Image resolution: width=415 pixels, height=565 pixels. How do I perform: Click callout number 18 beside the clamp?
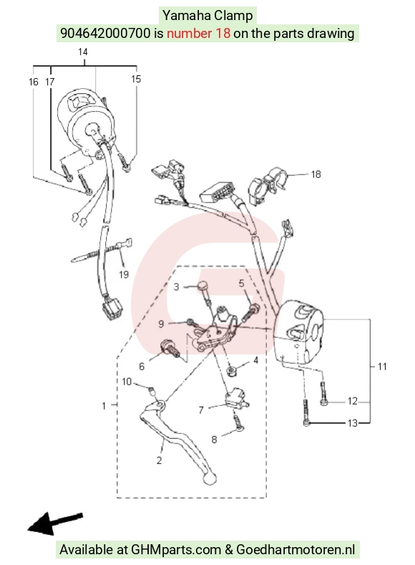316,175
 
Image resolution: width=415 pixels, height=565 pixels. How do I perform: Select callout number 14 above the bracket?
83,52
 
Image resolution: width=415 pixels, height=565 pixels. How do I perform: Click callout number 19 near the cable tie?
124,274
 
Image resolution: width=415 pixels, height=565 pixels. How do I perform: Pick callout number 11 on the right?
382,367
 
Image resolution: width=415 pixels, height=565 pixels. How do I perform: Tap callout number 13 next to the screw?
352,422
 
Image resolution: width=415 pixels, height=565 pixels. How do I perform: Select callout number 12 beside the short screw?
352,401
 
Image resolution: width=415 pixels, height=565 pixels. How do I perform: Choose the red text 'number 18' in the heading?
198,33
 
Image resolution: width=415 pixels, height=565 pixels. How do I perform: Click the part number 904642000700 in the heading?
105,33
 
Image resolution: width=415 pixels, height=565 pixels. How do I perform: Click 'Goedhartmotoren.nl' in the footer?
296,549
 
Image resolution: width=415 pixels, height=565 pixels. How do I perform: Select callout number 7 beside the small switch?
201,410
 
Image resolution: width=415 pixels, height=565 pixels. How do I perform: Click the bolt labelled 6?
170,349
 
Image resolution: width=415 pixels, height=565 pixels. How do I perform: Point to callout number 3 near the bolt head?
176,287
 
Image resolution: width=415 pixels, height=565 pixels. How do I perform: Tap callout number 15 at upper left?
136,79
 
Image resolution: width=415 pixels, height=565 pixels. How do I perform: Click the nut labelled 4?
231,371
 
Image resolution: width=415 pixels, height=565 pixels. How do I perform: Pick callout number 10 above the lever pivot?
127,382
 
